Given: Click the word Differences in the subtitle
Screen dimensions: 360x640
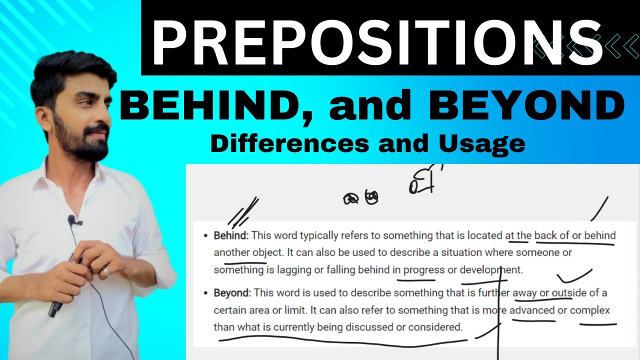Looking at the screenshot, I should (288, 143).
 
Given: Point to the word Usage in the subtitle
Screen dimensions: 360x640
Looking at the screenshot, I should (483, 143).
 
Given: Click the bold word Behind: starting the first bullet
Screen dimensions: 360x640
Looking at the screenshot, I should (230, 235).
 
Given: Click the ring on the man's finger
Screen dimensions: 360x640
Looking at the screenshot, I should (106, 271).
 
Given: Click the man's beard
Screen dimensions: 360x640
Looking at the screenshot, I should (80, 142).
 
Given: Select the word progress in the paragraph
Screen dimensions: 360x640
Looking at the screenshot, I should (423, 270).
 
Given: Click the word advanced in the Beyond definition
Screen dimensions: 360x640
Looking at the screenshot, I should (532, 310).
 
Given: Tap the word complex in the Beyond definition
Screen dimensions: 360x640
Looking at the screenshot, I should (590, 310).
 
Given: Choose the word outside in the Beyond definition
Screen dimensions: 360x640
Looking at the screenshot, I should (569, 293).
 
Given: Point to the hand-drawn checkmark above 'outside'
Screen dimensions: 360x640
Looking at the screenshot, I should (573, 276).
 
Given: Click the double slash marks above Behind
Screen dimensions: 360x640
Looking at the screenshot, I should (243, 211).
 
